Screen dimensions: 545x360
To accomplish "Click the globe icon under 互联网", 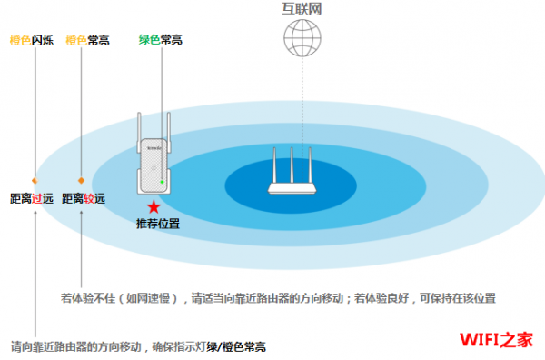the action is tap(302, 38).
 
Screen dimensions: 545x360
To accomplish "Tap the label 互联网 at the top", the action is tap(302, 9).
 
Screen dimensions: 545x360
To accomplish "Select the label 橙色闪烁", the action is tap(32, 40).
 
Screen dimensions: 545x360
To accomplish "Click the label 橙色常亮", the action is tap(87, 40).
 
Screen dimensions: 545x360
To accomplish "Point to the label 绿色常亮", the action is tap(161, 40).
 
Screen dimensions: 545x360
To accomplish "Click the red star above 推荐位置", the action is tap(154, 207).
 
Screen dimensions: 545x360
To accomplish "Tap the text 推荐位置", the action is tap(158, 224).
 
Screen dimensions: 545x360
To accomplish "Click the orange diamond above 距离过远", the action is tap(35, 180).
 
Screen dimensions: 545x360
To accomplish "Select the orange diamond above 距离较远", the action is tap(81, 180).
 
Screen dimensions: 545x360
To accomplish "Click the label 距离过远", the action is tap(32, 198).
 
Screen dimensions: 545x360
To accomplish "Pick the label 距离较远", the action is tap(84, 198).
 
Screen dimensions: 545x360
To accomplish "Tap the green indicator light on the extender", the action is tap(162, 182).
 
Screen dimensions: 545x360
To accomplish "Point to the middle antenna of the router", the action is tap(292, 165).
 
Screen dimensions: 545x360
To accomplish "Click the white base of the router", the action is tap(292, 188).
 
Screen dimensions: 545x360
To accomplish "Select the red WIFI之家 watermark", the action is tap(496, 339).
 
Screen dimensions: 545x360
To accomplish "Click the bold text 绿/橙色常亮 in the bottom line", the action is tap(236, 346).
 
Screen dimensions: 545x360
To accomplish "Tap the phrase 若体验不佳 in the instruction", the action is tap(88, 298).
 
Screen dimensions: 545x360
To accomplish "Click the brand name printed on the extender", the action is tap(154, 148).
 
